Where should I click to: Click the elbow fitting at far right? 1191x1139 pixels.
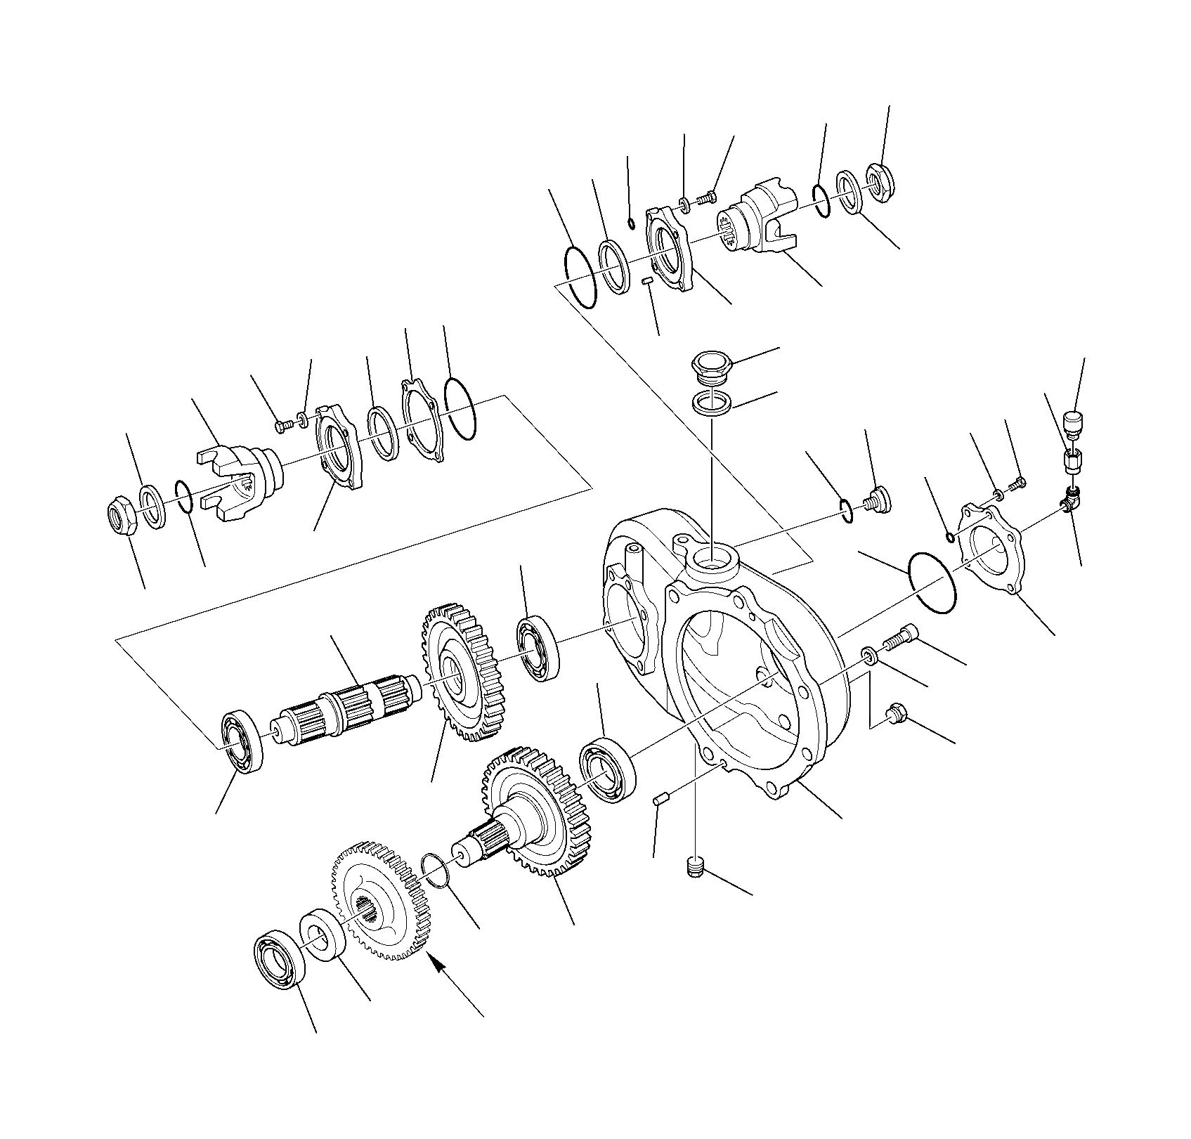point(1069,500)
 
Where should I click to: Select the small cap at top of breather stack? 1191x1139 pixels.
point(1074,424)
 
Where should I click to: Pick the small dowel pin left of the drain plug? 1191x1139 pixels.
point(660,798)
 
